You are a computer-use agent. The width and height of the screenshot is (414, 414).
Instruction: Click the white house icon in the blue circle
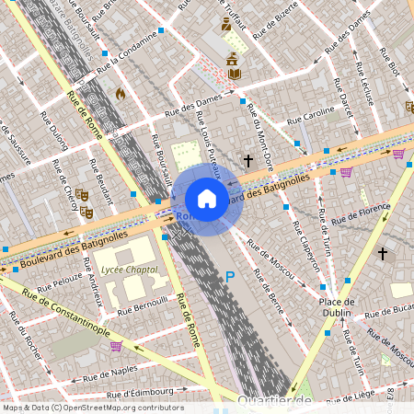(207, 199)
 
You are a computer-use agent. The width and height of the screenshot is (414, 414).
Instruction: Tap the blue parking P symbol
(230, 276)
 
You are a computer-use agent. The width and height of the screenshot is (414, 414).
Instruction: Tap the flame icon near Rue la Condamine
(119, 93)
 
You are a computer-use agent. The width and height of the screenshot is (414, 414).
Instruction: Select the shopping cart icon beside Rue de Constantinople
(117, 346)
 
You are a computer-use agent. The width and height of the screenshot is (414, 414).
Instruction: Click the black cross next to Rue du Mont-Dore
(247, 161)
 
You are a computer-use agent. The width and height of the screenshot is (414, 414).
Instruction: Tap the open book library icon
(233, 70)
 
